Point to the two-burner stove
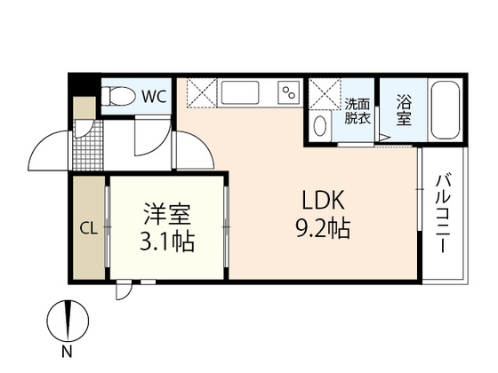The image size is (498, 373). pos(288,92)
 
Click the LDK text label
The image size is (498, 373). pos(310,201)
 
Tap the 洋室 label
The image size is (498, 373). pos(168,216)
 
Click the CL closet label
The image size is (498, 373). pos(88,227)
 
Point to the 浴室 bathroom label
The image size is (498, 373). pos(404,109)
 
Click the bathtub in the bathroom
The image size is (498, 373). pos(444,110)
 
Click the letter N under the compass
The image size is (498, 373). pos(67,353)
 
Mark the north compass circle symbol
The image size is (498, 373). pos(67,319)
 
